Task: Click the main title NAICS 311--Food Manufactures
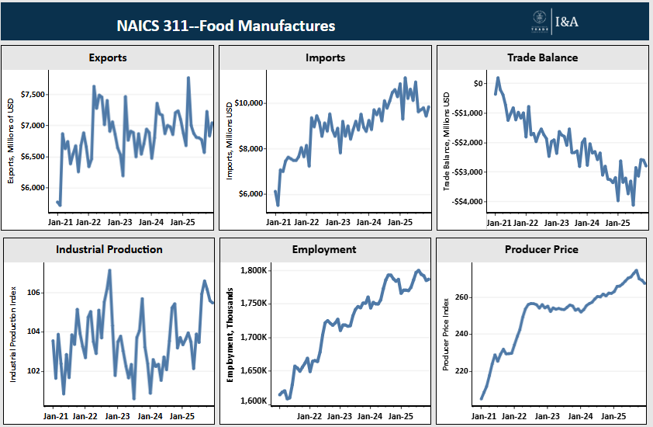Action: click(226, 26)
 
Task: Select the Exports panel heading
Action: click(108, 57)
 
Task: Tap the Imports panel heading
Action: click(326, 57)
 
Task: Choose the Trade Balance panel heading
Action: click(542, 57)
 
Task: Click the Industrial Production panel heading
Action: click(109, 249)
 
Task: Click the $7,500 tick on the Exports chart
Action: click(33, 95)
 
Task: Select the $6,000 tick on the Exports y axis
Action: click(33, 188)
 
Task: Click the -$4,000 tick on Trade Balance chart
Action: click(468, 202)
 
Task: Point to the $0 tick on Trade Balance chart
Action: click(478, 83)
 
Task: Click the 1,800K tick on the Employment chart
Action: click(254, 271)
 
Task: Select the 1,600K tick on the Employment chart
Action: click(254, 401)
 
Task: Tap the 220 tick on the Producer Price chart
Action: click(464, 371)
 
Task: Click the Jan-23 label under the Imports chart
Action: click(337, 222)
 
